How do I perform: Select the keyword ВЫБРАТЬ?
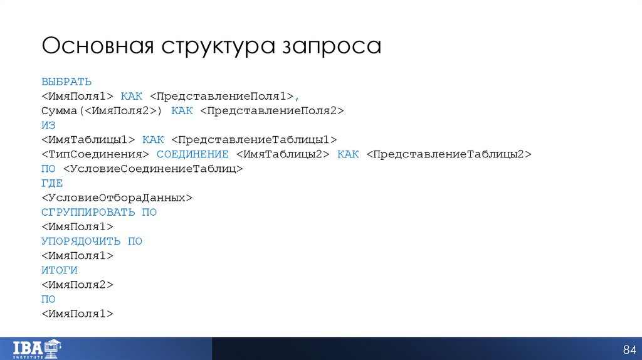[x=67, y=82]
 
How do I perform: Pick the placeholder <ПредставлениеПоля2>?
[x=272, y=110]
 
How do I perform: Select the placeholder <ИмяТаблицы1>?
[x=88, y=139]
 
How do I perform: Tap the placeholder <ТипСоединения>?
[x=95, y=154]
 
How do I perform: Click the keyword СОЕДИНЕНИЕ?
[x=192, y=154]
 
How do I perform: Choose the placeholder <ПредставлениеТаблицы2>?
[x=449, y=154]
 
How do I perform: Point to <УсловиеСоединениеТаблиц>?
[x=152, y=169]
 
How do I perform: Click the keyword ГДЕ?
[x=52, y=183]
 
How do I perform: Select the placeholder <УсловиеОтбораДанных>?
[x=117, y=198]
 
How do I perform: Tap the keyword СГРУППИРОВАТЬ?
[x=88, y=212]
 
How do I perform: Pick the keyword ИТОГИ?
[x=60, y=270]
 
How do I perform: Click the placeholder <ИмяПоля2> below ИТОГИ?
[x=78, y=285]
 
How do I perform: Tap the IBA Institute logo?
[x=43, y=348]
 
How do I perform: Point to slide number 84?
[x=629, y=349]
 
